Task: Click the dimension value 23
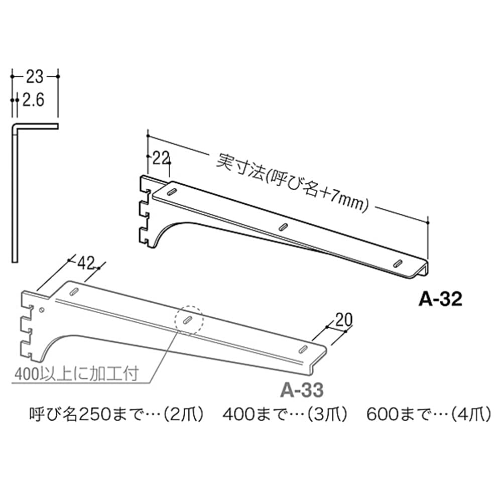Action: click(35, 76)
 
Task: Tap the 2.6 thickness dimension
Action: click(33, 100)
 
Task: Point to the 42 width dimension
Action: click(86, 263)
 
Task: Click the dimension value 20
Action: click(343, 319)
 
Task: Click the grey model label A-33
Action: click(302, 390)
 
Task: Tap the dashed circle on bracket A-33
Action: click(189, 320)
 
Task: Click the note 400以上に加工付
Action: click(76, 373)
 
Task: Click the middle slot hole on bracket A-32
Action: click(283, 227)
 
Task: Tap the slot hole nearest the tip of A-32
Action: click(398, 263)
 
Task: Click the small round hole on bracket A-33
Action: click(42, 310)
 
